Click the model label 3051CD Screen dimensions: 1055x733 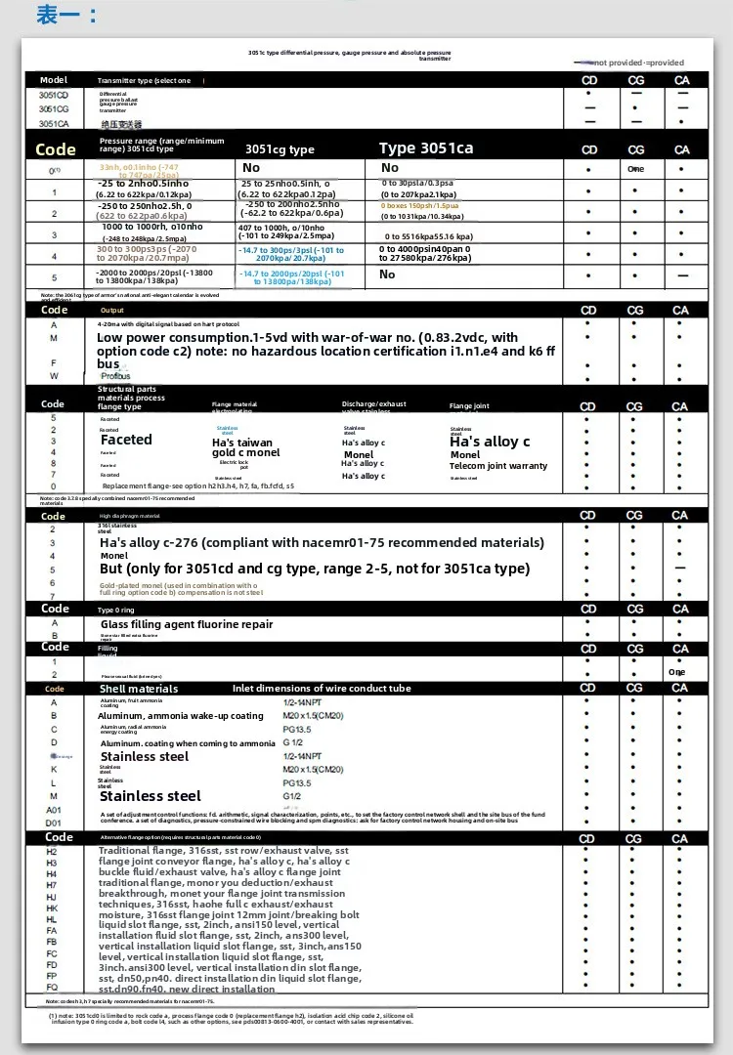point(54,95)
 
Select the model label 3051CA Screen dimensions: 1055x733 point(54,124)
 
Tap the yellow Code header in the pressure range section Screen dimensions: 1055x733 point(56,149)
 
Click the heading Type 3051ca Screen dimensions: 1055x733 point(426,148)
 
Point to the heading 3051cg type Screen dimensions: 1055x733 point(280,149)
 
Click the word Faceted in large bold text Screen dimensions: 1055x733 point(127,440)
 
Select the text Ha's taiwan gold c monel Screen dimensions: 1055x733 point(245,447)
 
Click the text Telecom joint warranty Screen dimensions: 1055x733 point(498,466)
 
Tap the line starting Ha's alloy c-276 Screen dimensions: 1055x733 point(322,542)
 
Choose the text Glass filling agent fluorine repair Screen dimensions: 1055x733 point(187,624)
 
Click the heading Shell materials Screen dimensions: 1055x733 point(139,689)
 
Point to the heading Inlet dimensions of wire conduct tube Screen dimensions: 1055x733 point(322,689)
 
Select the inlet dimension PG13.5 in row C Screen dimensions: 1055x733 point(296,729)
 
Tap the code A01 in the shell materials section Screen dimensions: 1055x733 point(55,810)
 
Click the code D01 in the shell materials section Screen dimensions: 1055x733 point(55,823)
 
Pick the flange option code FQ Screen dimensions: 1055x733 point(53,988)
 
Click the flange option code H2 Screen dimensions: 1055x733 point(53,852)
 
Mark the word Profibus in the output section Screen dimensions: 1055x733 point(115,375)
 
